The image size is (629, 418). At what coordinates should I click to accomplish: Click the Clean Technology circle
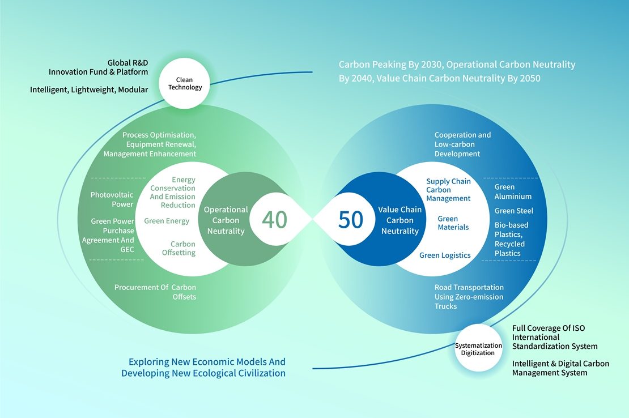(185, 83)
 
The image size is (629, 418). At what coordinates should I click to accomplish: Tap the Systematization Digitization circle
(478, 349)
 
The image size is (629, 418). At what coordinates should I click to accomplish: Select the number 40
(274, 220)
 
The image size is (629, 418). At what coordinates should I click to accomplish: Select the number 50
(351, 220)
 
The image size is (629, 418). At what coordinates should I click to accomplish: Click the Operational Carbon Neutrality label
(226, 220)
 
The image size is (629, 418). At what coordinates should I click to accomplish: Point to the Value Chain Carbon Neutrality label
(400, 220)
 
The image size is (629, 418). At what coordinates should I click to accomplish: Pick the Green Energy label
(167, 221)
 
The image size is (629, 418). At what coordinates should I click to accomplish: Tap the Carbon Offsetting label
(179, 248)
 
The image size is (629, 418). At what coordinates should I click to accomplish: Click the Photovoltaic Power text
(112, 199)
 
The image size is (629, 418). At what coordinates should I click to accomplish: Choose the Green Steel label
(514, 211)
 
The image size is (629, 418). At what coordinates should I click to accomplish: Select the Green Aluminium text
(513, 191)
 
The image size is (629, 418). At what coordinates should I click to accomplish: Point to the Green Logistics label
(445, 255)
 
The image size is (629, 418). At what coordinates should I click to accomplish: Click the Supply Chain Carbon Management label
(448, 190)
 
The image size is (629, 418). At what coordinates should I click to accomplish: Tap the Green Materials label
(453, 223)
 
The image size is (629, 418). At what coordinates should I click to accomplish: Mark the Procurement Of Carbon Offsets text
(155, 292)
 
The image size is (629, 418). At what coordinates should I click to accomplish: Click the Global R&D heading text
(127, 63)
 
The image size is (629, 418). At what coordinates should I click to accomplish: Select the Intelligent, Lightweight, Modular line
(89, 89)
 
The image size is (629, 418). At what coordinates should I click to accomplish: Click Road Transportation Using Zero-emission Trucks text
(469, 297)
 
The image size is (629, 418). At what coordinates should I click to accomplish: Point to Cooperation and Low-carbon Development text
(462, 144)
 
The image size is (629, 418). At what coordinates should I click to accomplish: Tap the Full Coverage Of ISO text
(549, 329)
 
